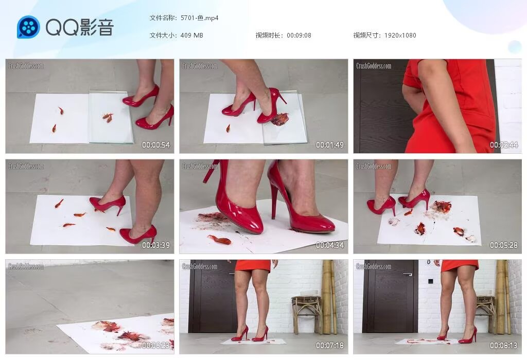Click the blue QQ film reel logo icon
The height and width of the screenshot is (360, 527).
coord(28,27)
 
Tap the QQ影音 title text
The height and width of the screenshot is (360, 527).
coord(79,27)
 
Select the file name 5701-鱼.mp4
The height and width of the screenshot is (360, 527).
coord(200,18)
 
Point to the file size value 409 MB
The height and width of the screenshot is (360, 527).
coord(192,35)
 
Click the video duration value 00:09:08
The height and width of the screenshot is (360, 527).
coord(299,35)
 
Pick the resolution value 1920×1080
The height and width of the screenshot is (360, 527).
coord(400,35)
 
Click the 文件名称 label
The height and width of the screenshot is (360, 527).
coord(163,18)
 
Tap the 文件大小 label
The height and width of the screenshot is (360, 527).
coord(163,35)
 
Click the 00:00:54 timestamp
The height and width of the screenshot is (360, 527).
coord(156,145)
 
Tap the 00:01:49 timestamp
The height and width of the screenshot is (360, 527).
coord(330,145)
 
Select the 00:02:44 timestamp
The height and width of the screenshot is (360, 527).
coord(504,145)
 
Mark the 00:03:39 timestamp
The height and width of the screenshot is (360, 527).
coord(156,245)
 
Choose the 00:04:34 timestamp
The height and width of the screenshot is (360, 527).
coord(330,245)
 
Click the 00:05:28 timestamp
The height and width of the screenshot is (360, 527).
coord(504,245)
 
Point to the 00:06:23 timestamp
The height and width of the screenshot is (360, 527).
coord(156,346)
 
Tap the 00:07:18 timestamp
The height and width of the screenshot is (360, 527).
coord(330,346)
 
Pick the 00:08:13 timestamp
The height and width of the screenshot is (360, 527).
coord(504,346)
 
